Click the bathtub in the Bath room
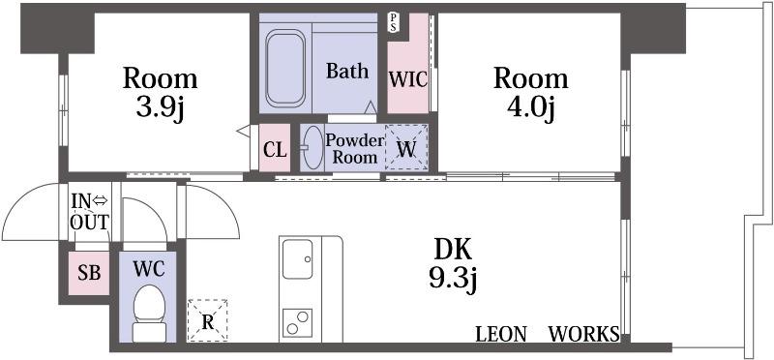point(285,68)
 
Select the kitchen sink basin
point(298,258)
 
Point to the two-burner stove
point(297,322)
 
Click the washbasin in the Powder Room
point(312,147)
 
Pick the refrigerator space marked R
point(207,320)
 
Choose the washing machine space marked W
point(406,148)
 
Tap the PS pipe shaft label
point(394,22)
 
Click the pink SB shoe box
point(89,273)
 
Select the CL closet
point(275,148)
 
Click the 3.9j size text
point(160,107)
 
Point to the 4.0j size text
point(530,107)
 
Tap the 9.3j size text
point(453,280)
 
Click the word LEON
point(500,334)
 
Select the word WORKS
point(584,334)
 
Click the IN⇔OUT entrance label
point(89,212)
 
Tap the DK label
point(453,251)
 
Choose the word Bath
point(347,71)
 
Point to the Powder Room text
point(354,149)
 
